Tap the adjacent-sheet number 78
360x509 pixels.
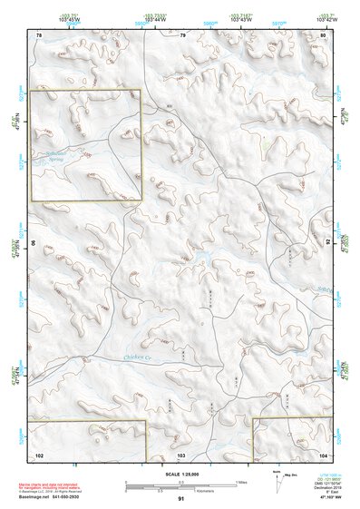[x=39, y=34]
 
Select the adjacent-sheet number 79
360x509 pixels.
[x=182, y=34]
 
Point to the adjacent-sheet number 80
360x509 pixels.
[x=324, y=34]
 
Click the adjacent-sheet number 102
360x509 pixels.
[x=39, y=454]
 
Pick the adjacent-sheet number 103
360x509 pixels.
[x=181, y=454]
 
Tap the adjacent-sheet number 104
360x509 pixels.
[x=323, y=454]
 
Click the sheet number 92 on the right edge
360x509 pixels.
[x=328, y=243]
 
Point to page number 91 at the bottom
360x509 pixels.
[x=181, y=499]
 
